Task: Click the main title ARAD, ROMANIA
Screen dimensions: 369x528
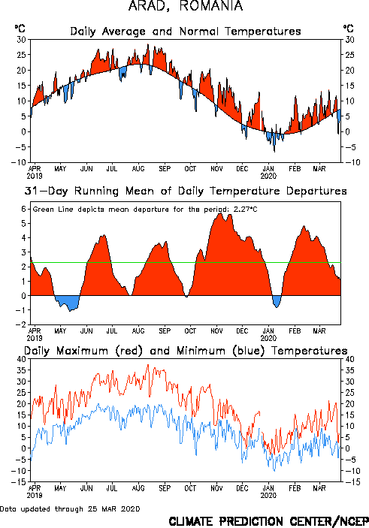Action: (x=186, y=6)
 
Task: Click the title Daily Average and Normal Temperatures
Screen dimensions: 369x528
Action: (x=186, y=32)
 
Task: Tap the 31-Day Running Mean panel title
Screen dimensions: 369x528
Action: (x=186, y=192)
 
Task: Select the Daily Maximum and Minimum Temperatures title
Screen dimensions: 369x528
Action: (x=186, y=351)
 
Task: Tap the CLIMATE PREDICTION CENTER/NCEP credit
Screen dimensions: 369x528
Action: (x=268, y=521)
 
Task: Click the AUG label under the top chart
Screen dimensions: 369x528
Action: (x=138, y=168)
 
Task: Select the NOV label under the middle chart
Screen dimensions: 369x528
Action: (x=216, y=330)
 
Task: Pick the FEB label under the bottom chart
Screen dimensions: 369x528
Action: (x=295, y=488)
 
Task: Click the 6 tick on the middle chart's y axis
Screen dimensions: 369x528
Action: (x=23, y=209)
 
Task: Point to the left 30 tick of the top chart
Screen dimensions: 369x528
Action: (x=22, y=40)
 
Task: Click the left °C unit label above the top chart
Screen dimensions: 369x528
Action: (x=20, y=29)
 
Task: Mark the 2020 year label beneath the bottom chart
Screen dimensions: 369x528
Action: (x=268, y=496)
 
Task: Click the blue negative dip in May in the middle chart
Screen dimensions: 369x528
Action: (x=68, y=303)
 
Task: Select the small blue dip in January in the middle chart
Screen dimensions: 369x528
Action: (x=277, y=300)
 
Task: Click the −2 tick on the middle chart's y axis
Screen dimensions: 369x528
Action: (x=21, y=324)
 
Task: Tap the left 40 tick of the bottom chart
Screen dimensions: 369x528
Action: (x=22, y=359)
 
